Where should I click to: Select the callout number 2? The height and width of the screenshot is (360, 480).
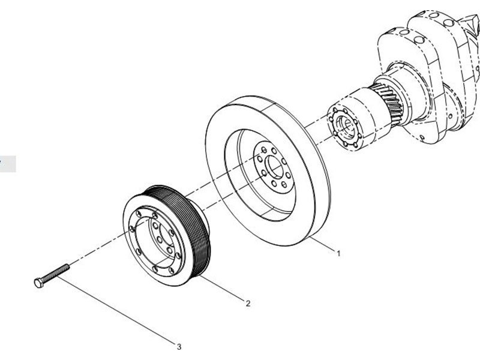click(247, 304)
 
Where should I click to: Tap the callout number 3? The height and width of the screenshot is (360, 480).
click(178, 346)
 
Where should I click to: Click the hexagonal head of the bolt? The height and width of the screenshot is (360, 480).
click(37, 281)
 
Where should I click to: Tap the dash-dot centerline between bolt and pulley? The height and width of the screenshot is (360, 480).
click(96, 252)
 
